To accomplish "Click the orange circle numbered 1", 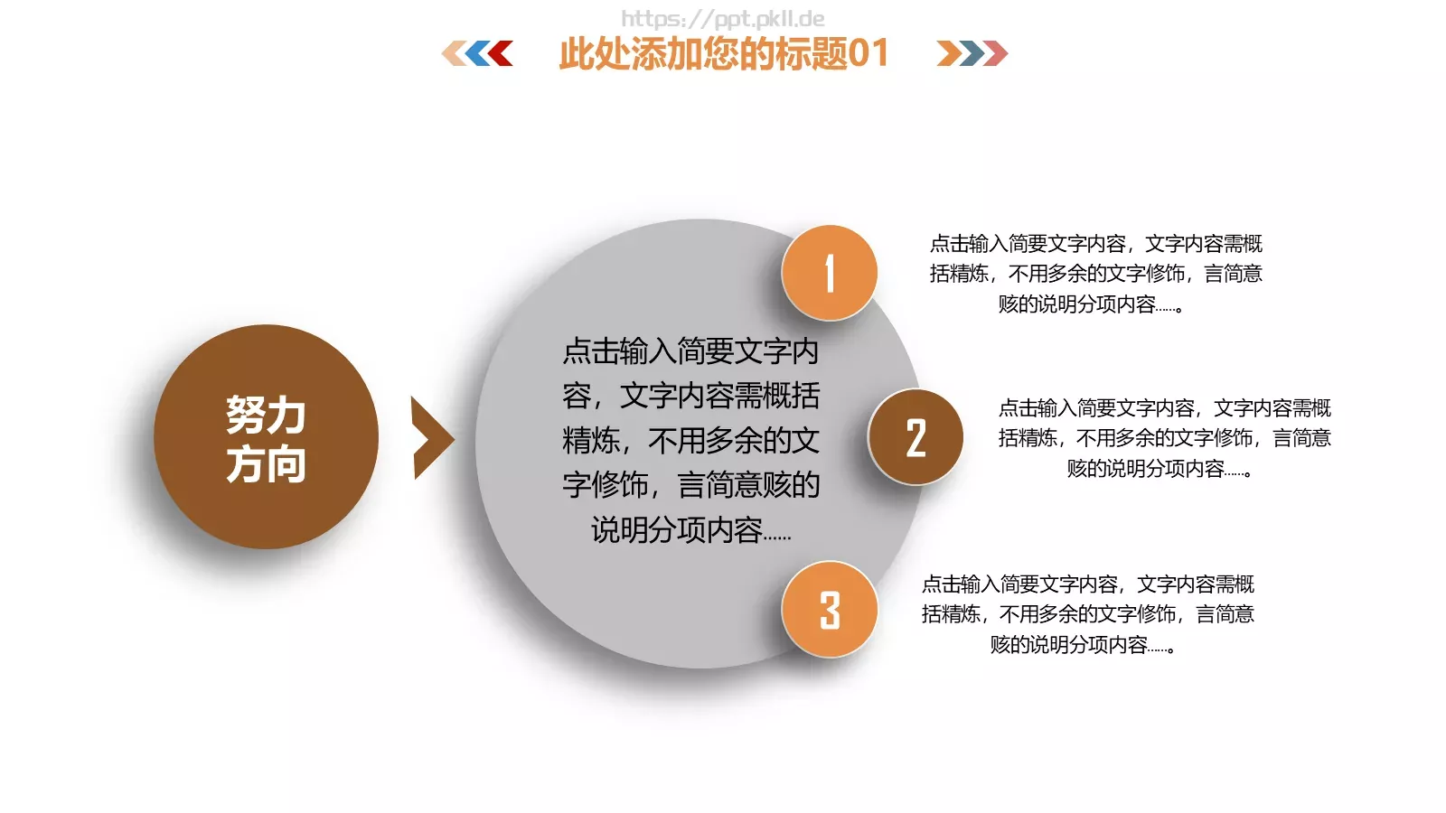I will pos(829,273).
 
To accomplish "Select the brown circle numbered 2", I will pos(915,437).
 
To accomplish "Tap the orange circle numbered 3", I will pos(829,610).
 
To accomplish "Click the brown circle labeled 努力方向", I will pos(266,437).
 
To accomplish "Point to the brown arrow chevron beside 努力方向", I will pos(430,438).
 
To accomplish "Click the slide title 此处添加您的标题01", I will pos(723,53).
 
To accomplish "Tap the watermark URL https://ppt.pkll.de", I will pos(722,18).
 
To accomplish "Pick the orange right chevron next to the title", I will pos(949,53).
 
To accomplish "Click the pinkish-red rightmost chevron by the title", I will pos(995,53).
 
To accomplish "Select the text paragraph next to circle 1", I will pos(1095,274).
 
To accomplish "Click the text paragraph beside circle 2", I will pos(1164,438).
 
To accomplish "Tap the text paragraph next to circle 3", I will pos(1087,614).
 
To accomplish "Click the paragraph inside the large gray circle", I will pos(691,440).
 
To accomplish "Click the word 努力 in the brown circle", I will pos(266,415).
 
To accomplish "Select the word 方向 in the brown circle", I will pos(266,464).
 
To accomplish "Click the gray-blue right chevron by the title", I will pos(972,53).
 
